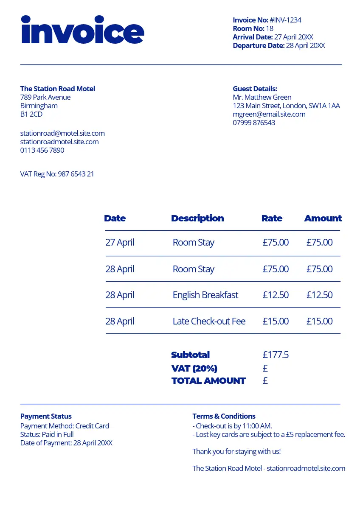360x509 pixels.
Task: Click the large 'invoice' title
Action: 82,31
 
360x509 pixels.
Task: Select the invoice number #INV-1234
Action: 285,20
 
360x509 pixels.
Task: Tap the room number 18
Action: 270,28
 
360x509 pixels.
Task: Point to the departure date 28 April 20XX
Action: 305,45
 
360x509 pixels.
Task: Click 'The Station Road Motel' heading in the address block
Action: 58,89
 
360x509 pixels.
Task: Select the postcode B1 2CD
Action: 31,114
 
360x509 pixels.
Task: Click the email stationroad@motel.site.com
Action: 62,133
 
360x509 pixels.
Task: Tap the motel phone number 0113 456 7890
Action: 42,150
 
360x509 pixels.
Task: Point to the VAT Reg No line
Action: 57,174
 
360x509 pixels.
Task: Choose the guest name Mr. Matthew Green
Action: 262,97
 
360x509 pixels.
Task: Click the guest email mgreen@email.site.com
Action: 269,114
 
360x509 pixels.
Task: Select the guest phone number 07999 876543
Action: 254,123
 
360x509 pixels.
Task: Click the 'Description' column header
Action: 197,218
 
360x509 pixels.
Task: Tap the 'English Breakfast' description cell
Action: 205,295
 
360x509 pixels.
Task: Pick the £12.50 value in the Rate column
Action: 276,295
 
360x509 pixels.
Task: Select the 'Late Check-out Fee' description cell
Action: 209,321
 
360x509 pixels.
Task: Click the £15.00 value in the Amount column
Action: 319,321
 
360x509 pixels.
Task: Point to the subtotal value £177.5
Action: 276,355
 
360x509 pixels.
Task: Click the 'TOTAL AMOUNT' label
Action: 208,380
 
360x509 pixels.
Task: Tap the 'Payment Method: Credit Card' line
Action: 65,426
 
